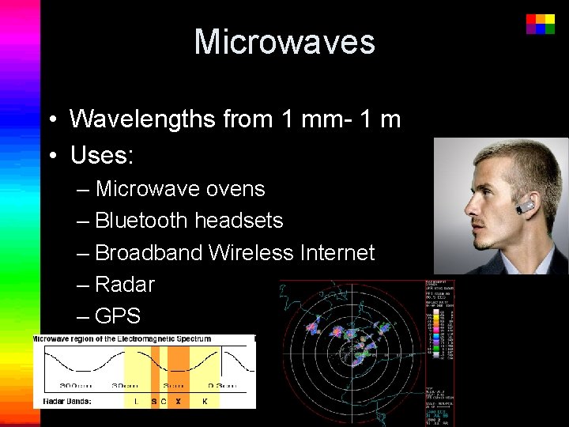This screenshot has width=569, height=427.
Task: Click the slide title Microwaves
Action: click(x=284, y=42)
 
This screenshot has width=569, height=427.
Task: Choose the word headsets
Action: click(x=238, y=220)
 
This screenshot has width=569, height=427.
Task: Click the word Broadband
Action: click(x=149, y=252)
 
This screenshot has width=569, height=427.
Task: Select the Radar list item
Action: click(x=124, y=284)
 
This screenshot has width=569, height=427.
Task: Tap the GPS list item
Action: click(x=117, y=316)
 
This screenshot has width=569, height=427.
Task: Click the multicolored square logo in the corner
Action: click(x=541, y=24)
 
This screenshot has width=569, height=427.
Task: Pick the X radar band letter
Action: click(x=178, y=401)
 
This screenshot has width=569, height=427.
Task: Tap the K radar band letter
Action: click(x=205, y=401)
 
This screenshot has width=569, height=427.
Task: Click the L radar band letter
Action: click(x=136, y=401)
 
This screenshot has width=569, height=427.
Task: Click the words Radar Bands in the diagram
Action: click(x=58, y=400)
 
